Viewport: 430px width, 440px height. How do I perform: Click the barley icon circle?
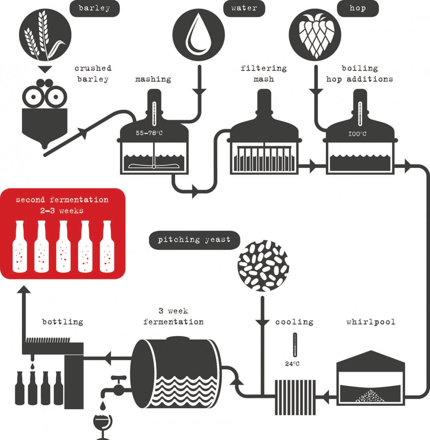coord(45,34)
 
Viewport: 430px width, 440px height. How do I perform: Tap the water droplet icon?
coord(199,34)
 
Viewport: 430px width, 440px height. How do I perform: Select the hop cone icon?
coord(314,34)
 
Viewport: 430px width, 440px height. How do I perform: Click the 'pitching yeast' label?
coord(194,240)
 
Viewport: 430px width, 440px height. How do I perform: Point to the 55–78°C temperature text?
coord(149,133)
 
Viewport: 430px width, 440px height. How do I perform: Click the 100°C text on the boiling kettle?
coord(357,134)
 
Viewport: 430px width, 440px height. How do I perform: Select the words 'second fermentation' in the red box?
coord(62,200)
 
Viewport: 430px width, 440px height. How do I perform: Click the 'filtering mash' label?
coord(264,74)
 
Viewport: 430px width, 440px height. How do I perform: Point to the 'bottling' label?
coord(63,322)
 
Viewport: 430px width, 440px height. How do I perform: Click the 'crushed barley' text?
coord(93,74)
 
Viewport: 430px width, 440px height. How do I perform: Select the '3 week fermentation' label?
coord(173,317)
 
